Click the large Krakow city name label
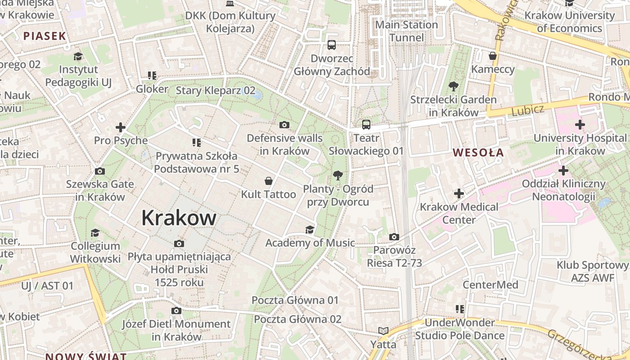tap(179, 218)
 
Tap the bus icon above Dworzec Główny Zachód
tap(332, 45)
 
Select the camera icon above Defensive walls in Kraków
tap(284, 125)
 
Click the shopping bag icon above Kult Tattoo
tap(269, 181)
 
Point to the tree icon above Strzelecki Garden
tap(453, 86)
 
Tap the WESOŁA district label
tap(478, 153)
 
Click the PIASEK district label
tap(45, 36)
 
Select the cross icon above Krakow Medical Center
tap(459, 194)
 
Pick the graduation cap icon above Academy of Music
tap(310, 230)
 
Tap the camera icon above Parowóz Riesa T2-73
tap(394, 237)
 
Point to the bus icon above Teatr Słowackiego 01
tap(366, 125)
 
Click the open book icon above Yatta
tap(383, 331)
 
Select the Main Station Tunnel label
tap(406, 31)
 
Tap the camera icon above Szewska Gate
tap(100, 171)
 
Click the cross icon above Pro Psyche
tap(121, 127)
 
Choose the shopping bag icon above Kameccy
tap(493, 56)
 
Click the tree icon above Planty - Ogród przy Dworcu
tap(337, 175)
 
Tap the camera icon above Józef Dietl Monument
tap(176, 310)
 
